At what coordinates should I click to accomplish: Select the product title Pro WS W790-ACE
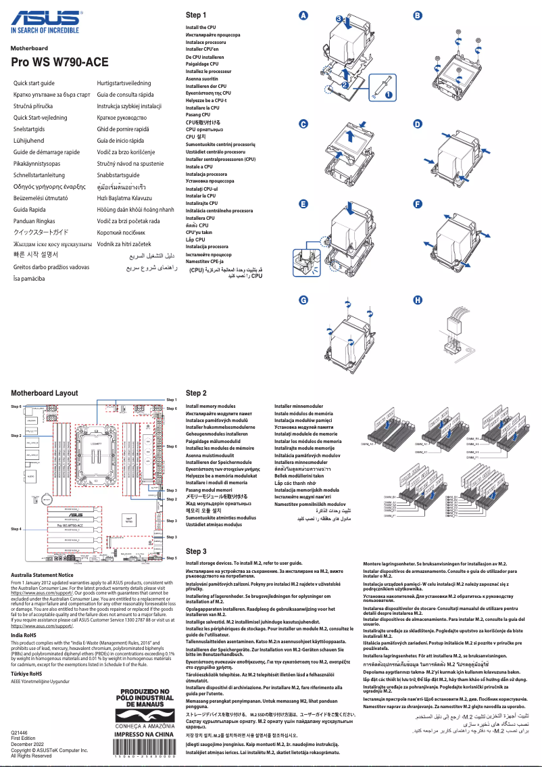point(59,62)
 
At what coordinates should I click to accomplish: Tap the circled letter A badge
point(303,15)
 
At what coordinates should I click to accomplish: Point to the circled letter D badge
point(418,124)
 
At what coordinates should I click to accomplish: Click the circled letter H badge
point(418,300)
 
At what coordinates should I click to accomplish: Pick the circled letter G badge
point(303,300)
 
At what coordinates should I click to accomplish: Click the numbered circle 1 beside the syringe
point(388,95)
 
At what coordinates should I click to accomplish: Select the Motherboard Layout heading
point(45,392)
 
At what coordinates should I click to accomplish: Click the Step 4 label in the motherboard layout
point(16,528)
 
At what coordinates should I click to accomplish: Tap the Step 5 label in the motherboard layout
point(172,558)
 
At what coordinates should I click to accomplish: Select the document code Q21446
point(20,733)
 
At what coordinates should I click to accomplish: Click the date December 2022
point(28,744)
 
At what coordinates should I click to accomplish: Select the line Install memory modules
point(211,406)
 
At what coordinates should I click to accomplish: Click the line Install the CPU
point(201,28)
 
